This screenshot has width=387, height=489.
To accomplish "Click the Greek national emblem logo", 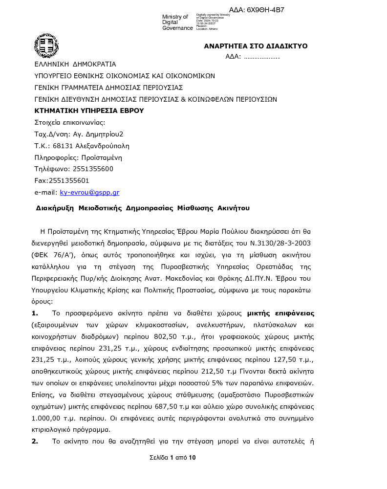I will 46,46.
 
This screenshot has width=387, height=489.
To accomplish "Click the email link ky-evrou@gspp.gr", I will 89,193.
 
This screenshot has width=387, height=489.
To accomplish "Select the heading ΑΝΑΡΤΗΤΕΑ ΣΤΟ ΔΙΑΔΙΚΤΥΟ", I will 256,46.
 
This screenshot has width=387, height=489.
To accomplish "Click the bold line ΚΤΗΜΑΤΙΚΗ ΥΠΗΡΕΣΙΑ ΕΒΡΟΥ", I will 89,111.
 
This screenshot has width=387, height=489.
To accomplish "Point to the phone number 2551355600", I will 93,169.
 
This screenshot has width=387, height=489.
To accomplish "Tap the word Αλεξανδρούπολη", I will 102,146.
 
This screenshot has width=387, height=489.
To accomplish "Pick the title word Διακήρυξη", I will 54,208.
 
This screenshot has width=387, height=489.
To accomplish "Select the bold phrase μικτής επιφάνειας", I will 280,313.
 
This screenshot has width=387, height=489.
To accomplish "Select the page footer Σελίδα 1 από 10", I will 172,458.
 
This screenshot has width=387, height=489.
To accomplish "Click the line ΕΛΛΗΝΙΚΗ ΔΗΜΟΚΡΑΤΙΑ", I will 75,64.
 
